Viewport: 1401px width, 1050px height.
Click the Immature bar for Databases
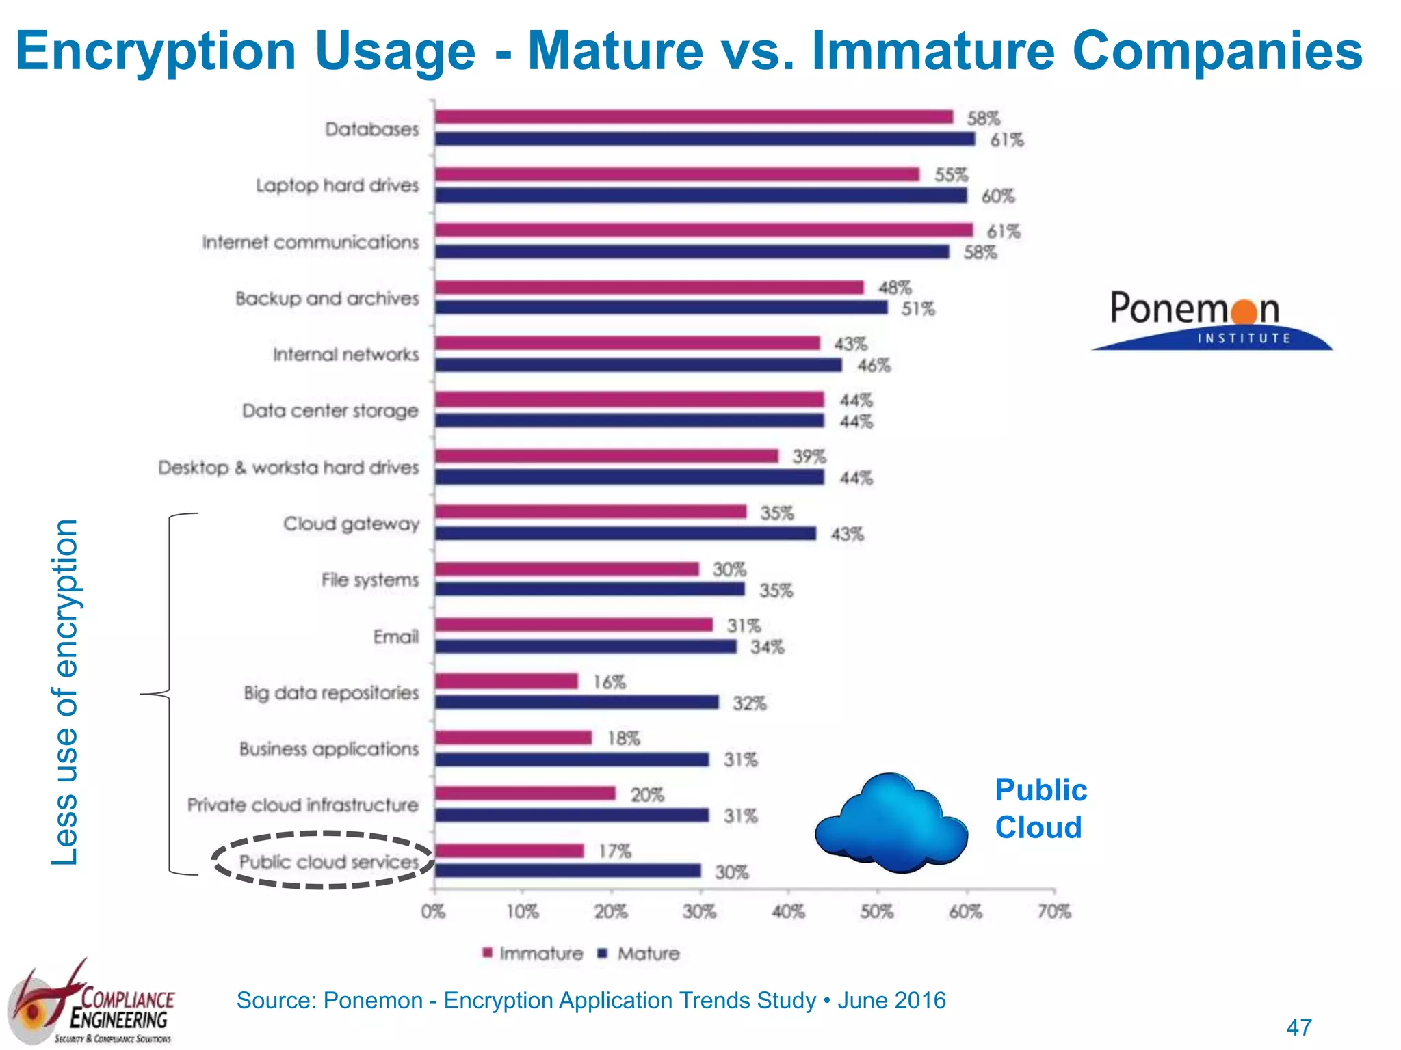(x=694, y=117)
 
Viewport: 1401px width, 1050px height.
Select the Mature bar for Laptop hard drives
(x=700, y=196)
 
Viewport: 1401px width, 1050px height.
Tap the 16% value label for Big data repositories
(x=609, y=682)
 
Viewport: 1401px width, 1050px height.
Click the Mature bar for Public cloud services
(x=568, y=871)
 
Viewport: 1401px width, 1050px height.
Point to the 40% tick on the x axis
(x=789, y=911)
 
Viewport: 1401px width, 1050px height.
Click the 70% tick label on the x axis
(x=1054, y=911)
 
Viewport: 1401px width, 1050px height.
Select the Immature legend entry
(x=533, y=954)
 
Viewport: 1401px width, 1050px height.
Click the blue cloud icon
(x=891, y=824)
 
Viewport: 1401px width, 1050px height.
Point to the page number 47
(x=1299, y=1027)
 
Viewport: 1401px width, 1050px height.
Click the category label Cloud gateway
(x=351, y=524)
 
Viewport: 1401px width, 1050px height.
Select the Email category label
(x=395, y=637)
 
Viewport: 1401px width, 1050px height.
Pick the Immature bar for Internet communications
(x=703, y=230)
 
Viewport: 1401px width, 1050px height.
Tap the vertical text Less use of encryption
(x=66, y=692)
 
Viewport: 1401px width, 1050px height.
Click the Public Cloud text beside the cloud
(x=1040, y=809)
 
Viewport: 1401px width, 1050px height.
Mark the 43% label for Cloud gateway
(x=847, y=534)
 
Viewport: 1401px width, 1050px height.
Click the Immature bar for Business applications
(x=513, y=738)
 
